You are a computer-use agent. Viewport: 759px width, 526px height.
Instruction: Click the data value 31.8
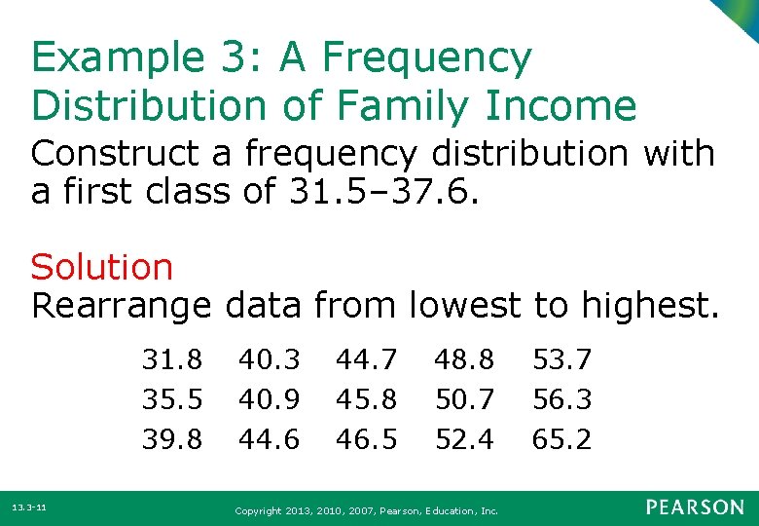(x=172, y=360)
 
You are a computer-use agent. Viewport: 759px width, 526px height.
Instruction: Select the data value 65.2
(x=561, y=439)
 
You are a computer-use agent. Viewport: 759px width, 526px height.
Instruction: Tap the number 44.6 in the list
(x=270, y=439)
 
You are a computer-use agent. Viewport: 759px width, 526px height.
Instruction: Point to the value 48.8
(x=464, y=360)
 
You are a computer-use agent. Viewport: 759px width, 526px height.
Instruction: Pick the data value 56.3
(x=561, y=399)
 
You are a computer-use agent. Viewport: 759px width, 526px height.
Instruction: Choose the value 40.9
(x=270, y=399)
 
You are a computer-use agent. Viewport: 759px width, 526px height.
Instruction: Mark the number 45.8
(x=367, y=399)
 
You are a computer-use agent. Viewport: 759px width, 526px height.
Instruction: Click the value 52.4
(x=464, y=439)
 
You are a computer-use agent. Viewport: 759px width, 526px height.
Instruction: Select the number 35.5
(x=172, y=399)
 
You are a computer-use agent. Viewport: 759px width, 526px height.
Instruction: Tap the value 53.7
(x=561, y=360)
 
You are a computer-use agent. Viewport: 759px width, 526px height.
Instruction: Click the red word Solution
(x=102, y=266)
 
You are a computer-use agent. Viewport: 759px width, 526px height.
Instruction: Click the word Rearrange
(x=121, y=306)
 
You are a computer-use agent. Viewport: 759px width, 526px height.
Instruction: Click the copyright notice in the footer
(x=368, y=509)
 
